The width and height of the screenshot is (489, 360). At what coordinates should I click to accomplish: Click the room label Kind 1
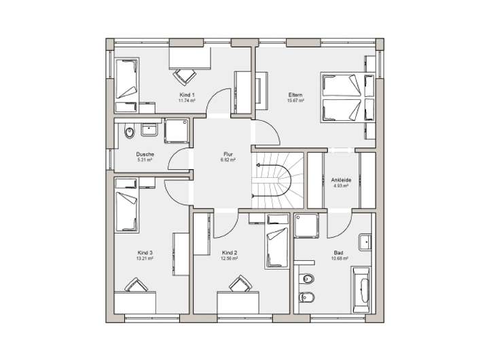point(187,94)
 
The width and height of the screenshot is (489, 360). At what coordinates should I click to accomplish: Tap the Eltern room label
point(295,95)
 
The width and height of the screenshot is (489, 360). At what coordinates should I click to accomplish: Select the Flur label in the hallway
point(228,154)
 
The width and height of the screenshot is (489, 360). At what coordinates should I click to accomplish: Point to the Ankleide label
point(340,179)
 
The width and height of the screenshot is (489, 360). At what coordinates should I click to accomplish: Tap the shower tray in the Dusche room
point(177,130)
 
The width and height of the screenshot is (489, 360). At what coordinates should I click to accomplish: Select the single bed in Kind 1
point(126,82)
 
